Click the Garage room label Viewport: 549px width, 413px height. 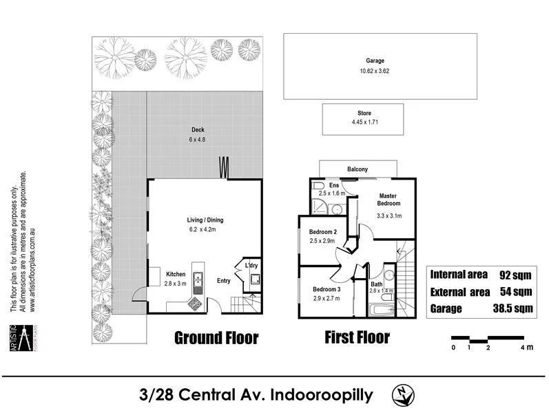pos(375,61)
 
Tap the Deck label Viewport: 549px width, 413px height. pos(198,129)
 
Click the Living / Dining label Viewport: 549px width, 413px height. pos(205,220)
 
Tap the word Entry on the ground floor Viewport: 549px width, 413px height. pos(224,281)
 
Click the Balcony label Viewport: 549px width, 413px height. pos(358,169)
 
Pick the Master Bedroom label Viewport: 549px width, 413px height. pos(389,200)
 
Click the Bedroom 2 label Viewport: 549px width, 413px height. pos(322,231)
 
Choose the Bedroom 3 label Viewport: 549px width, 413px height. pos(327,289)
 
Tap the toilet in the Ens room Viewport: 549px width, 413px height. pos(318,187)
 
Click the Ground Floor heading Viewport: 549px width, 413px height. pos(216,338)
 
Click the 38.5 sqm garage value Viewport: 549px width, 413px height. pos(509,308)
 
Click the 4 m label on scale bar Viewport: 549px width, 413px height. pos(528,348)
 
